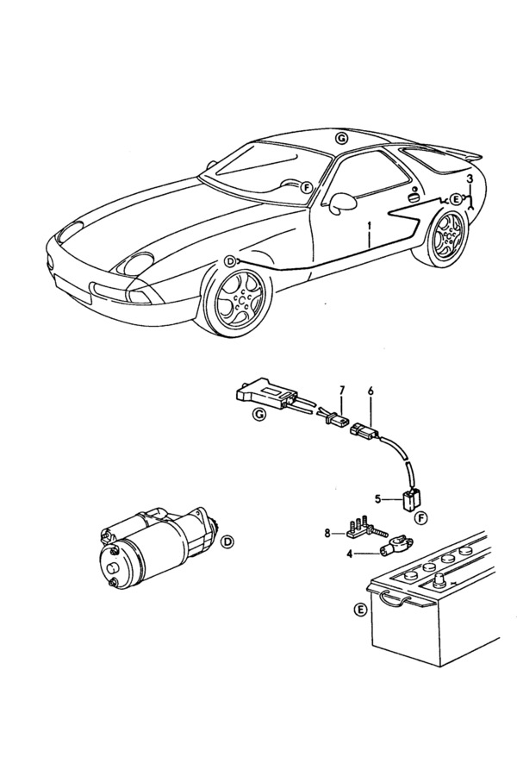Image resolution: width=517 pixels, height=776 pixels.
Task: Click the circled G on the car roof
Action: (342, 138)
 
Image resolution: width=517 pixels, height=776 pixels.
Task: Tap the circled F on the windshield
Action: (305, 186)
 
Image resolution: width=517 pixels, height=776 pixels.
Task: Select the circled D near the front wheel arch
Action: (229, 260)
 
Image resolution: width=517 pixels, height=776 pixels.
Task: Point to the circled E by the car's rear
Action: (456, 199)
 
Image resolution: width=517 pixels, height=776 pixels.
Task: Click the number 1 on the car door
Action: (368, 228)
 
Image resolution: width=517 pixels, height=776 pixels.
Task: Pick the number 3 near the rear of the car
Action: (470, 178)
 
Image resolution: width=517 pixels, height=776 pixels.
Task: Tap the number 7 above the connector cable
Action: (341, 391)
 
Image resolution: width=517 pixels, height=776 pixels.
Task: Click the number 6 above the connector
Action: (370, 391)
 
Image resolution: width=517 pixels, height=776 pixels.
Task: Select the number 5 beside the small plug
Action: (377, 498)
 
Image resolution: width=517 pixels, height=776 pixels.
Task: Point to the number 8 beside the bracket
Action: (328, 533)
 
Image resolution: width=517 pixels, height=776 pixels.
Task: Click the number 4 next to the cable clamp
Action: (350, 553)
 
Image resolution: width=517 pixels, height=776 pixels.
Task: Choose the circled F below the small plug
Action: (420, 517)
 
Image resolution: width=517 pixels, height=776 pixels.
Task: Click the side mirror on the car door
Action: (343, 202)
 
